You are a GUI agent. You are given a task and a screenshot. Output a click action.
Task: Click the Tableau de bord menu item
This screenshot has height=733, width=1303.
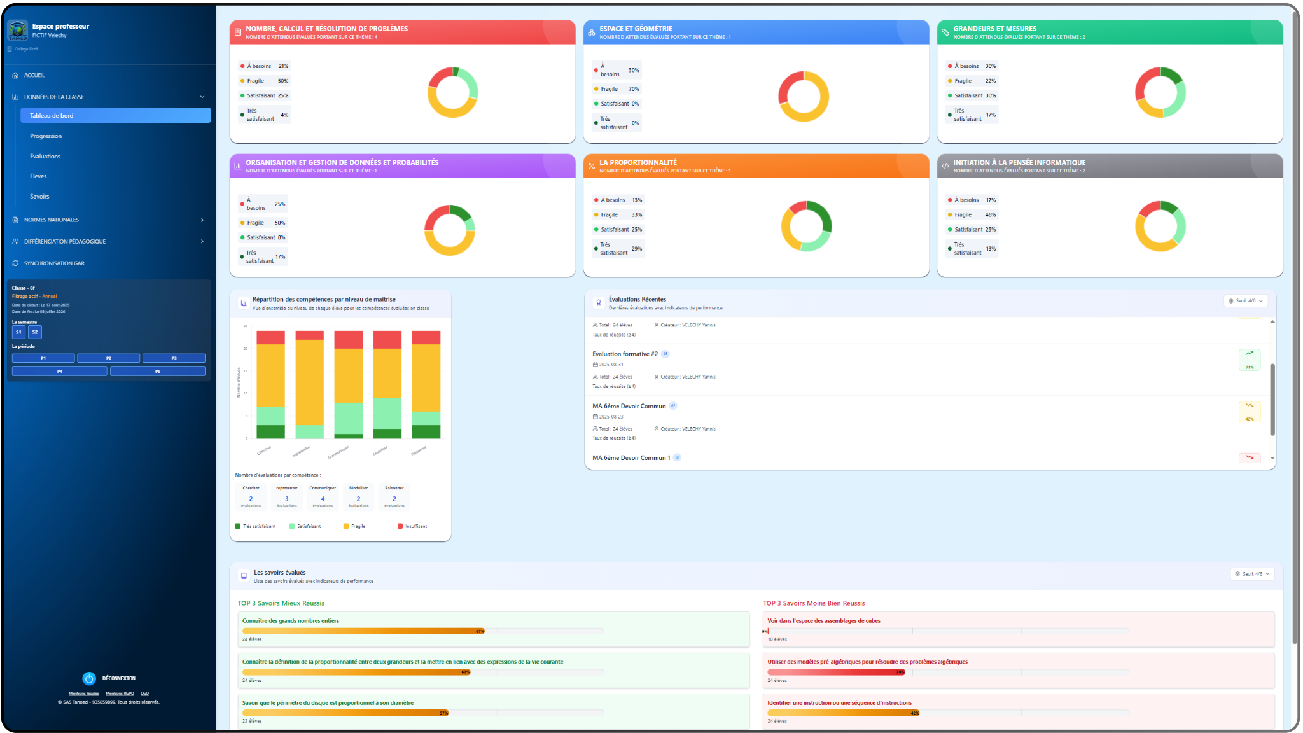[115, 115]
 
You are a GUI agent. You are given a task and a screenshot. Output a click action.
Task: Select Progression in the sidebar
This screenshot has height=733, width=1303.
[46, 136]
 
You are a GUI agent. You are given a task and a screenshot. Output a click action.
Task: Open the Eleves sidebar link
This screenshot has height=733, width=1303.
[38, 176]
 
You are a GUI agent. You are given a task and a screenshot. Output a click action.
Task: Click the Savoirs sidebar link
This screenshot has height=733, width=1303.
[39, 197]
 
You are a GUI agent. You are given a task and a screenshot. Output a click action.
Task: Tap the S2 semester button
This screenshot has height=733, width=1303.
[35, 332]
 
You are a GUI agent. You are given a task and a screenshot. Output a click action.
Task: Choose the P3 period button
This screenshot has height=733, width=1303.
[174, 358]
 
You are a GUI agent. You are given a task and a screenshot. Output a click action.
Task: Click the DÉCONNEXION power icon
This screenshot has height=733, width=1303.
[89, 679]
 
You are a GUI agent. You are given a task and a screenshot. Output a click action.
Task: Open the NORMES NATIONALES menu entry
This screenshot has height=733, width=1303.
[52, 220]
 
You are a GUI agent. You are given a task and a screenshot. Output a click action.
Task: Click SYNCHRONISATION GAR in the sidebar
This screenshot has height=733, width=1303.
[54, 263]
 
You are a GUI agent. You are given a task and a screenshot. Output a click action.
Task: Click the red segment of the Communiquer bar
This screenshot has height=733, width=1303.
[348, 340]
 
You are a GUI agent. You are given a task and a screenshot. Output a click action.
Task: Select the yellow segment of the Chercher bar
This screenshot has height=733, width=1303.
[270, 375]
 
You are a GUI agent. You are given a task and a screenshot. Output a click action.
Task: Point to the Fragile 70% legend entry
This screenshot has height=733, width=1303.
[617, 89]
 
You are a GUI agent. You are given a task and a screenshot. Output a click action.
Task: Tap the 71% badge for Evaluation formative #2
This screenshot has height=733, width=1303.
[1250, 360]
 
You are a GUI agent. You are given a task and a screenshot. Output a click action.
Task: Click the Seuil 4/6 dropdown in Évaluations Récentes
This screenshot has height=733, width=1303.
[1245, 301]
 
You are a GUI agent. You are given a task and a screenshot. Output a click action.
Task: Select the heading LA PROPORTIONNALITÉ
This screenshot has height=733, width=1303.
[638, 162]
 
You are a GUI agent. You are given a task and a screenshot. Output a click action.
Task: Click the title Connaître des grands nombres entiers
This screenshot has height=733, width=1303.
[291, 621]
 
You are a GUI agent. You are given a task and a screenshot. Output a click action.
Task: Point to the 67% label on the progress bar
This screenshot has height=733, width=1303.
[480, 632]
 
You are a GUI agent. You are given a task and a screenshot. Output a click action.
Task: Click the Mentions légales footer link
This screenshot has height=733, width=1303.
[84, 694]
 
